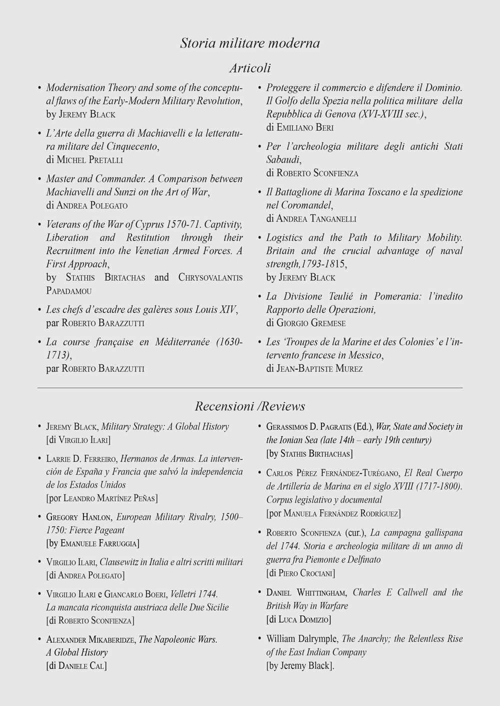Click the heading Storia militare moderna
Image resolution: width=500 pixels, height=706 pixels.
click(249, 43)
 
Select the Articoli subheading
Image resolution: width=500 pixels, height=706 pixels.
click(249, 67)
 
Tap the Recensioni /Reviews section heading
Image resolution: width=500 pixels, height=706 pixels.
click(249, 405)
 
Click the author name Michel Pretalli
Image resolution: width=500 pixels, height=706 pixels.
click(89, 160)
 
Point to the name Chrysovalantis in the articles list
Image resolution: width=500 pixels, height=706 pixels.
click(210, 277)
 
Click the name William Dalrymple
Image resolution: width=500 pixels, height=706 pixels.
click(302, 639)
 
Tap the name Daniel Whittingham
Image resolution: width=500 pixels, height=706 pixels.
click(306, 593)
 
